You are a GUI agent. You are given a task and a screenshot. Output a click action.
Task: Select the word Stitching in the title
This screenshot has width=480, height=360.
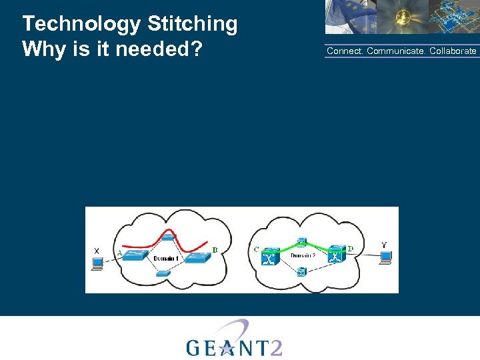coord(193,25)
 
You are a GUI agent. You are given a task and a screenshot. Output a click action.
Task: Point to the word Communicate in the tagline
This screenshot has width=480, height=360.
coord(396,51)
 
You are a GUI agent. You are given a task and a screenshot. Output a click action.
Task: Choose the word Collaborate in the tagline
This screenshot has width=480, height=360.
coord(453,51)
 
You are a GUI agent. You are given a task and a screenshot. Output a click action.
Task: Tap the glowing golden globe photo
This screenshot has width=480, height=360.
coord(400,17)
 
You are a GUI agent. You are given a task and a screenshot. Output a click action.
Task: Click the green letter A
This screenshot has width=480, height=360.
coord(119,253)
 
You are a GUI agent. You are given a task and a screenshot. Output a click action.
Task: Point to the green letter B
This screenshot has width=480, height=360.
coord(215,251)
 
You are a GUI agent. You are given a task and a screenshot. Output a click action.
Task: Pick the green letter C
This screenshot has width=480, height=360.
coord(257,249)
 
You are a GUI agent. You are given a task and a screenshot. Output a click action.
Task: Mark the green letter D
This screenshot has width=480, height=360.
coord(351,249)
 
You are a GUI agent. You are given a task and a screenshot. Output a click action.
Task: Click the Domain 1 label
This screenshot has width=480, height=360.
coord(165,258)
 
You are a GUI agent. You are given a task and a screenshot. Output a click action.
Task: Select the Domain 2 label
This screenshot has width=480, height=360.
coord(303,255)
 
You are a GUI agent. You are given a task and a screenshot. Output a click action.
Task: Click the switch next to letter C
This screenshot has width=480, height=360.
coord(270,257)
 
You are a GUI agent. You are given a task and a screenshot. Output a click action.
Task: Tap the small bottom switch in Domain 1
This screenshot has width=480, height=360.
coord(163,273)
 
